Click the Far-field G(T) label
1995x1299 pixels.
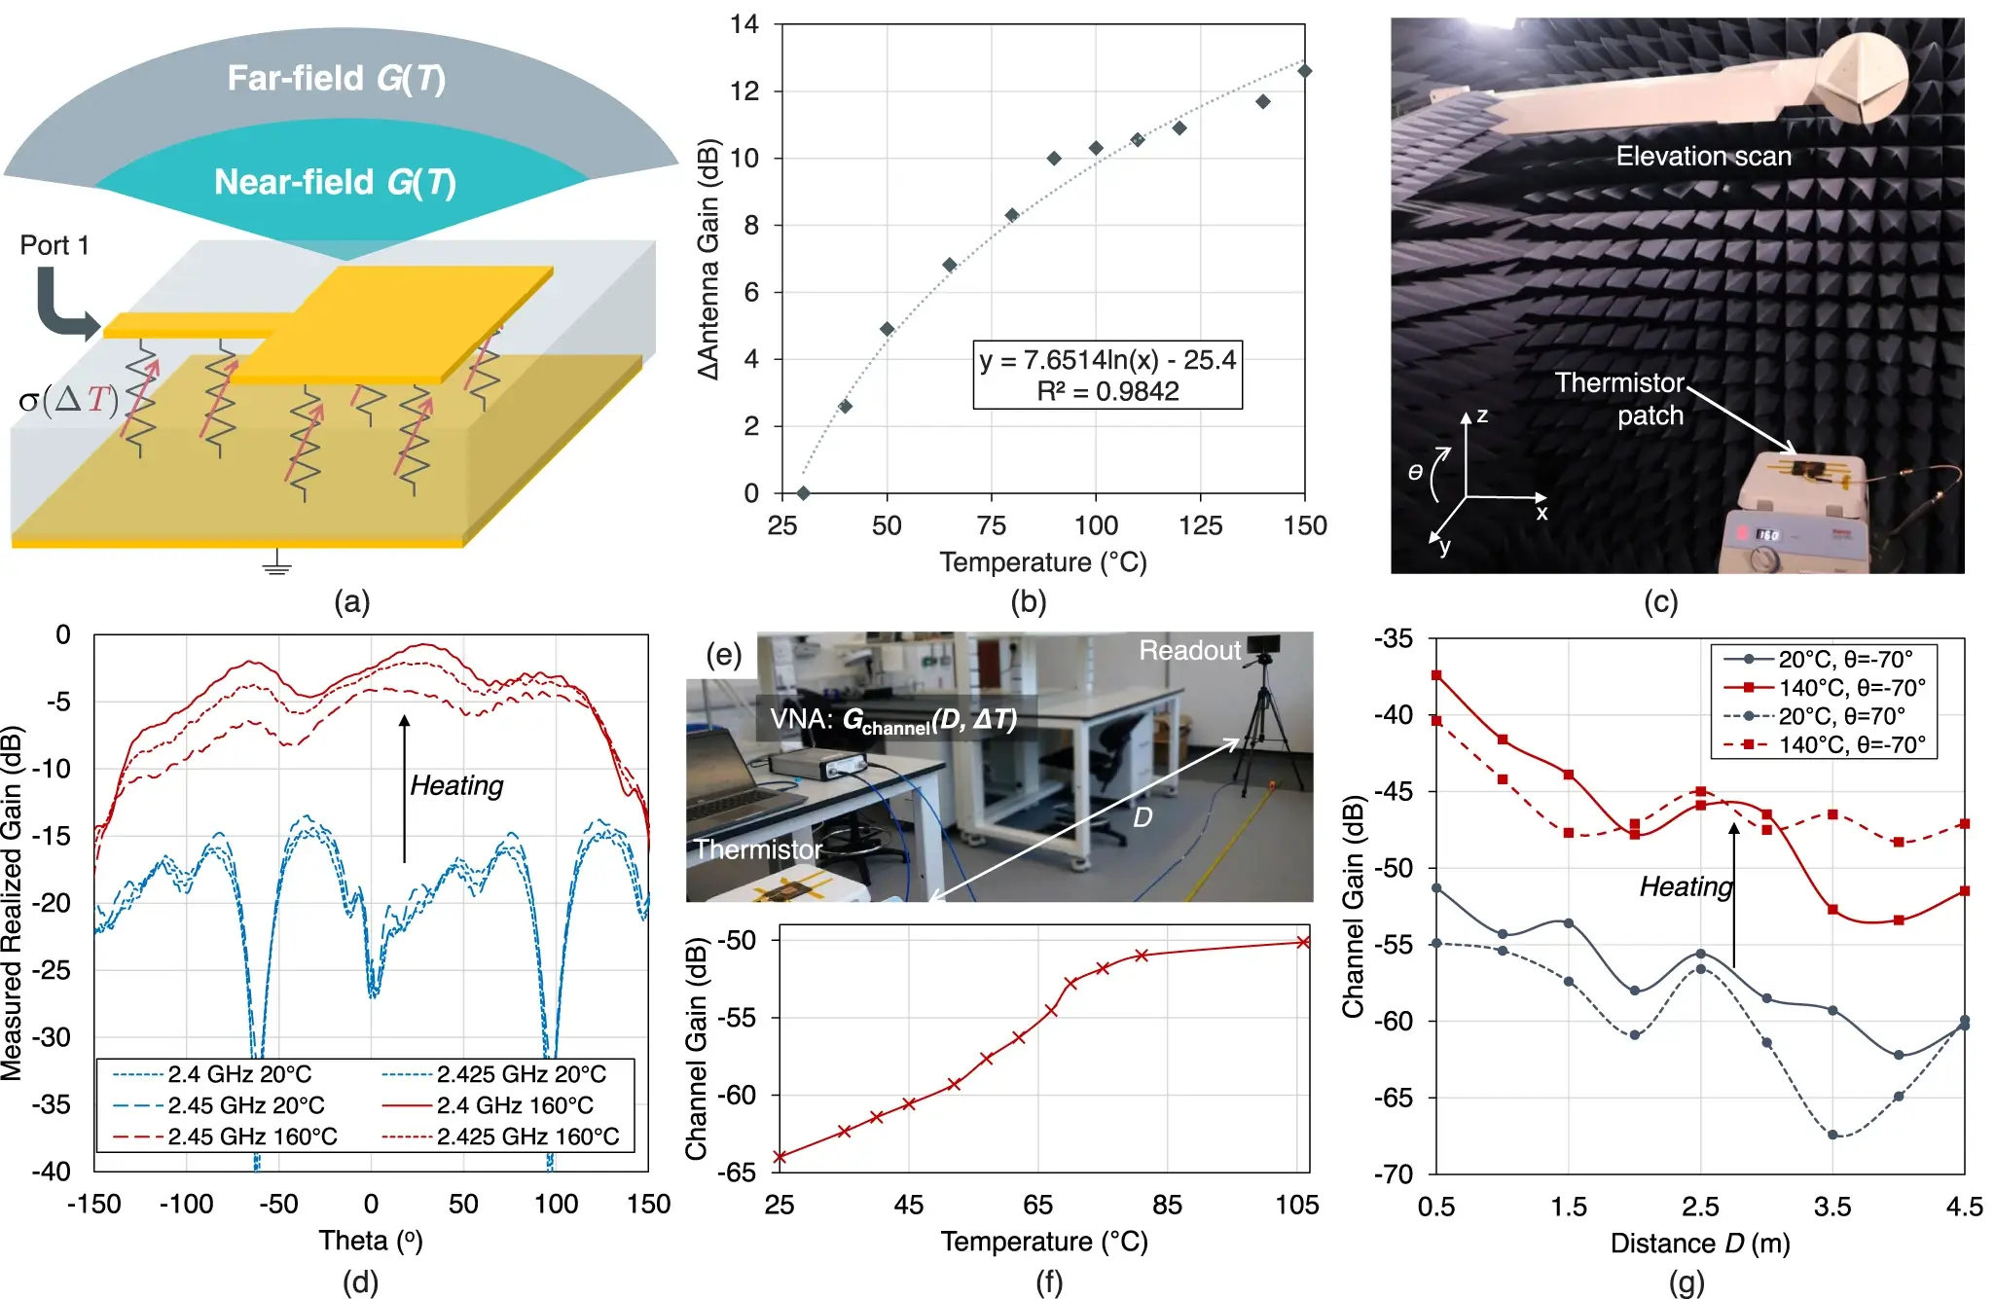point(336,78)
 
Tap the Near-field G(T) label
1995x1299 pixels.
point(335,182)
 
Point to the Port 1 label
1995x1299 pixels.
point(54,245)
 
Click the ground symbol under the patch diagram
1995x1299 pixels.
point(276,563)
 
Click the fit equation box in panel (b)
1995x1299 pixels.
point(1107,375)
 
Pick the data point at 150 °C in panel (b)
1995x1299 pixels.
point(1305,71)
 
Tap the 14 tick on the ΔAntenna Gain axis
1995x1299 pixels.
point(744,24)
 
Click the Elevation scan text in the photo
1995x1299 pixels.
point(1703,156)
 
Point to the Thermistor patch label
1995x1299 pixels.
point(1620,399)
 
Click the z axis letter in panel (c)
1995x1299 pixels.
point(1482,415)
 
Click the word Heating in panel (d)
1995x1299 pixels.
point(456,785)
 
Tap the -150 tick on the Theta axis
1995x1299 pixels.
point(93,1205)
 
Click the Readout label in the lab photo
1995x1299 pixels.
point(1189,650)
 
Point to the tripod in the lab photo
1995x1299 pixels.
point(1263,720)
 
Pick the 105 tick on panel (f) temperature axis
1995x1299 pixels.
point(1297,1206)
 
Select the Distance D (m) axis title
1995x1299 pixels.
point(1700,1244)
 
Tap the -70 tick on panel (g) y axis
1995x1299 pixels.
point(1393,1174)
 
